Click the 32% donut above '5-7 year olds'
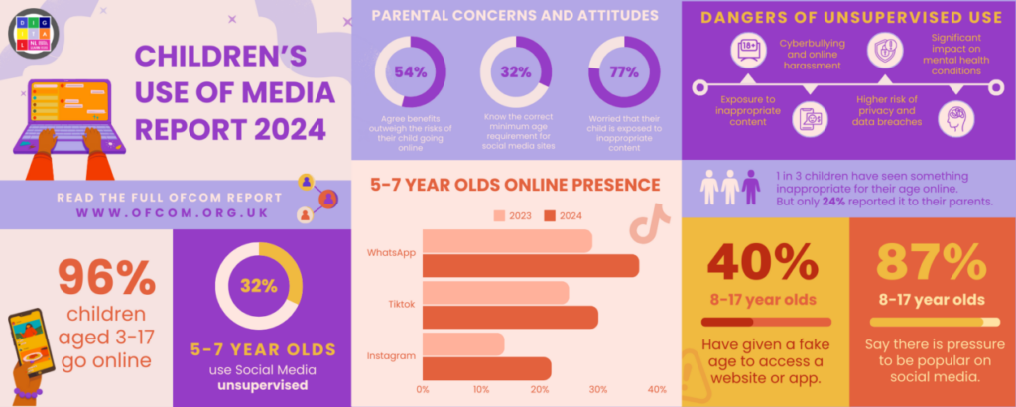pyautogui.click(x=258, y=286)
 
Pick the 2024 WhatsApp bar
pyautogui.click(x=531, y=265)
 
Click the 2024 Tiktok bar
pyautogui.click(x=510, y=317)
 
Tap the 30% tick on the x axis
pyautogui.click(x=598, y=390)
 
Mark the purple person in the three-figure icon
pyautogui.click(x=751, y=187)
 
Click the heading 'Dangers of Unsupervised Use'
pyautogui.click(x=846, y=17)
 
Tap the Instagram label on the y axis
pyautogui.click(x=391, y=355)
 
